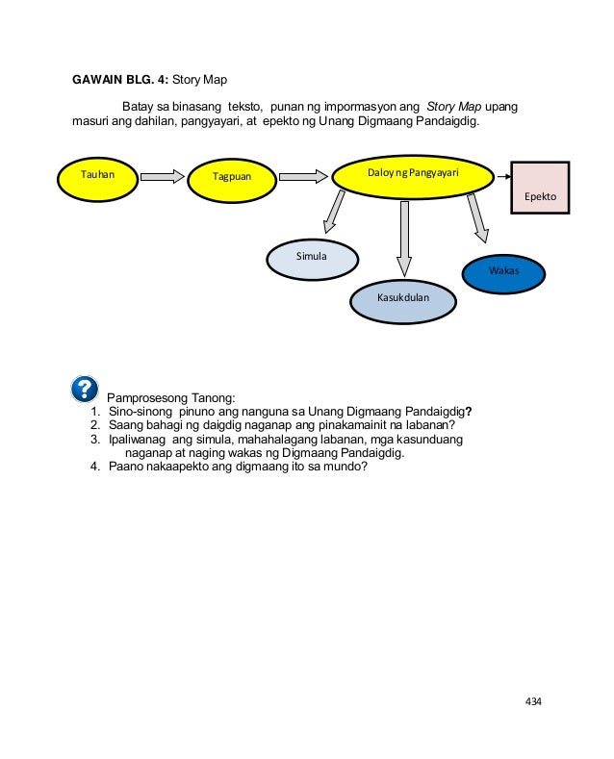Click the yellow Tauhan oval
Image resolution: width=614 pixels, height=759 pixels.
pos(97,177)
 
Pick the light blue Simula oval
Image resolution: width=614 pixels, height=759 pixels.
pos(312,258)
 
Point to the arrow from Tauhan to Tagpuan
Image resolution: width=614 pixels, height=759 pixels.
pos(162,177)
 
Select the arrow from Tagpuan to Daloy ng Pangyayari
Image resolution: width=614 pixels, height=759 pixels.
pos(303,177)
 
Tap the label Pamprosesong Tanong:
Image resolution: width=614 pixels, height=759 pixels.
pos(171,396)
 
